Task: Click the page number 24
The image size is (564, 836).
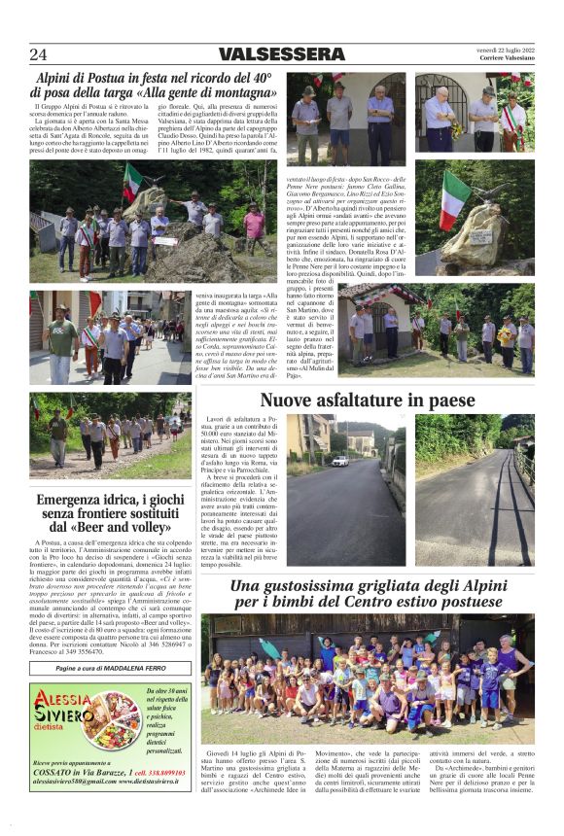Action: tap(38, 54)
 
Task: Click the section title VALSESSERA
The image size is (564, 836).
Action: tap(282, 54)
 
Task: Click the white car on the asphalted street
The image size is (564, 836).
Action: tap(339, 460)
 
